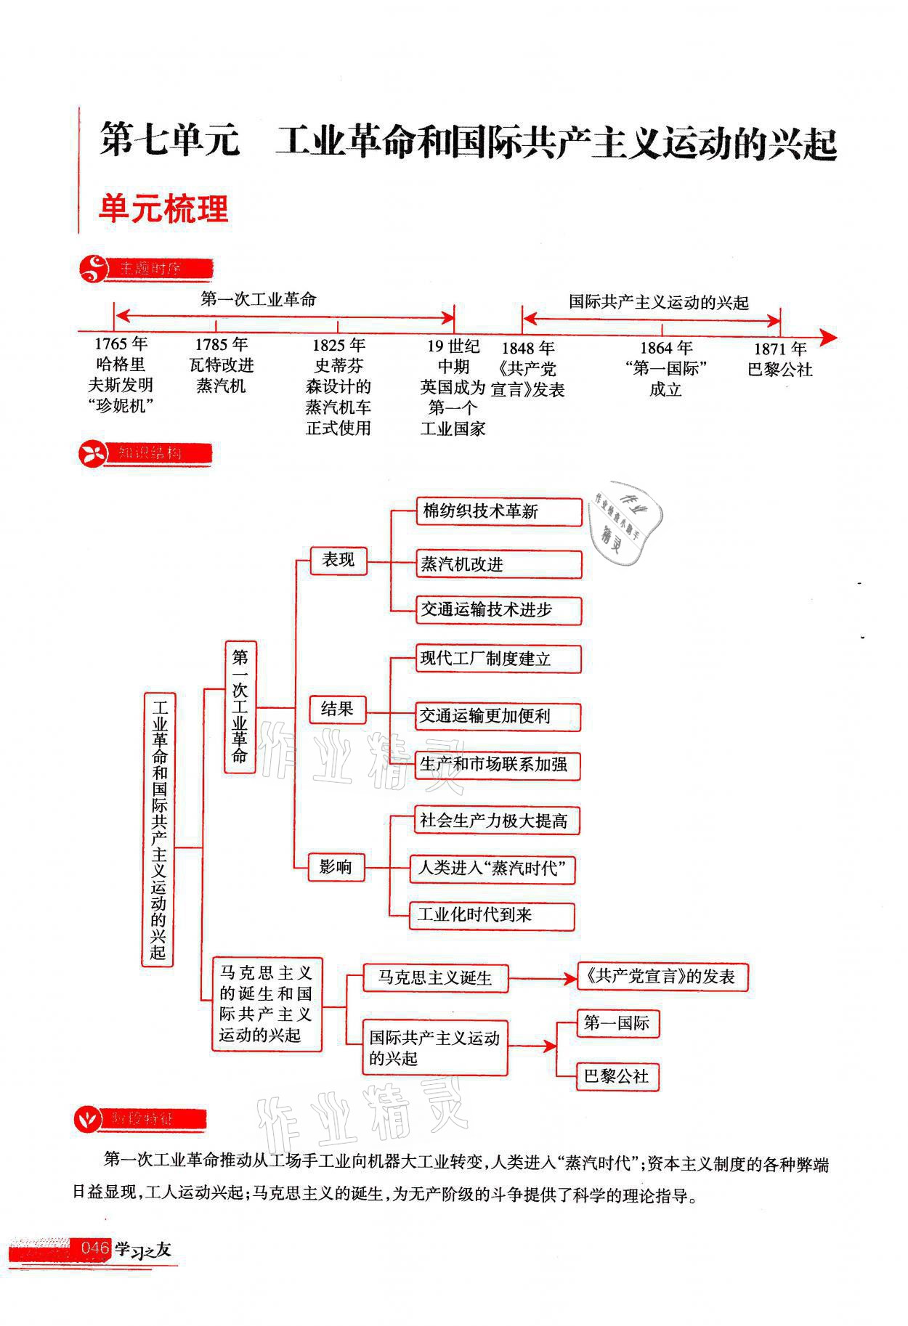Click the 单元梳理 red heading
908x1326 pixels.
click(x=163, y=208)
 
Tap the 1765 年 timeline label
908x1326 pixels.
click(x=121, y=343)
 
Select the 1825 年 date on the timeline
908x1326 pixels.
click(x=339, y=344)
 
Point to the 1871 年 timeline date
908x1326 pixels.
click(x=779, y=348)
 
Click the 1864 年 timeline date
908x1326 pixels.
click(x=665, y=348)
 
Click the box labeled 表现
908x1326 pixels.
click(x=339, y=560)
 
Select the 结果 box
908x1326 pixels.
click(x=337, y=709)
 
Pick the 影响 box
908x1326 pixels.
click(x=335, y=866)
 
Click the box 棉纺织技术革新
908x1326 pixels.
click(x=499, y=511)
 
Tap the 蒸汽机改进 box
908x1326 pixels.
click(x=499, y=564)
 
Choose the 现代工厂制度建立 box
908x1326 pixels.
click(x=498, y=659)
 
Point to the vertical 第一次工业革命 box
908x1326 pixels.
click(x=240, y=706)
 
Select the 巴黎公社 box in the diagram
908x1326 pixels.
click(x=617, y=1076)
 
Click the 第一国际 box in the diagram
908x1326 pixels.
click(x=617, y=1023)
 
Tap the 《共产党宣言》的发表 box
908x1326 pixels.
click(x=662, y=977)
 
